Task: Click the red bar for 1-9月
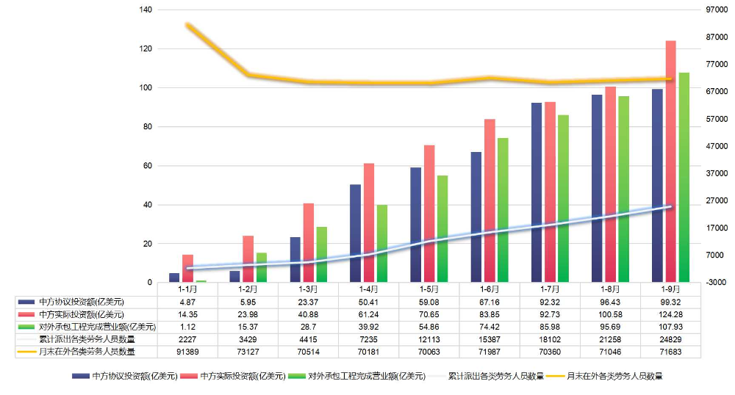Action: (x=670, y=162)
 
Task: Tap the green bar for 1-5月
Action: (x=442, y=228)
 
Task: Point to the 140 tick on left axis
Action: (x=144, y=10)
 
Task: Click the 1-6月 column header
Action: (x=490, y=289)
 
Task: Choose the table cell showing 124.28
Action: (x=670, y=314)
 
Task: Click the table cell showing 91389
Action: (x=188, y=352)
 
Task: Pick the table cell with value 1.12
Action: (x=188, y=327)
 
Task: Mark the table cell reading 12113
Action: (x=429, y=339)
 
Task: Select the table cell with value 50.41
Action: (x=369, y=302)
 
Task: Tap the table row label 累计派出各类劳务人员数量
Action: (x=87, y=339)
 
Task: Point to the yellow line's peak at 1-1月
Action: (x=188, y=26)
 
